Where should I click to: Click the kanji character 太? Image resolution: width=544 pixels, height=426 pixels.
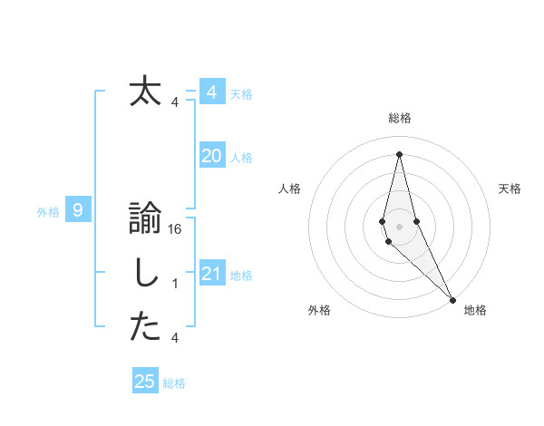[145, 92]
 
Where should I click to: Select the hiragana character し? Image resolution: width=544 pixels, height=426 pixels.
[145, 276]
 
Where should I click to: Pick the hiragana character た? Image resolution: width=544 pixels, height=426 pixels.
[145, 328]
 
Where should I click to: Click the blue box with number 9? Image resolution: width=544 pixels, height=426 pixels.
[78, 211]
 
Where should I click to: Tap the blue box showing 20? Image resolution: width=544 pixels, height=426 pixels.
[211, 156]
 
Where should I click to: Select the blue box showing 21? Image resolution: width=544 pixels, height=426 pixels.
[211, 274]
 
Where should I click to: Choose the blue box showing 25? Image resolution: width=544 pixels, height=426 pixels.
[145, 382]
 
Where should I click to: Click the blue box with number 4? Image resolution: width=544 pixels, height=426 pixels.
[211, 92]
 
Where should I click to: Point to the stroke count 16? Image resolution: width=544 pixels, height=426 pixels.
[176, 230]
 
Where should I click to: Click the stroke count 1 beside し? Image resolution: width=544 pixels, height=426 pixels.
[175, 284]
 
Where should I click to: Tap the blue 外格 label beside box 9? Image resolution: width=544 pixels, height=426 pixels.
[48, 212]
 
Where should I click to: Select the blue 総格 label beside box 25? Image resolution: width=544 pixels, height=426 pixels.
[174, 383]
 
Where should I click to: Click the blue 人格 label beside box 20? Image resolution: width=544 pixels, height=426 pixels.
[241, 158]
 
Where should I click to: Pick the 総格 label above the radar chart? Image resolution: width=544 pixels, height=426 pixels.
[400, 118]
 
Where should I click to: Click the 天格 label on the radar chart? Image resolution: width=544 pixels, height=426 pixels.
[510, 189]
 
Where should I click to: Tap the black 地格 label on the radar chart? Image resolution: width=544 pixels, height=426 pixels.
[475, 310]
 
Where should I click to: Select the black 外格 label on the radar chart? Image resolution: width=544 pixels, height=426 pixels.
[319, 310]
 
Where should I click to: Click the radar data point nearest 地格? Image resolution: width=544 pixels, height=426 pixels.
[452, 297]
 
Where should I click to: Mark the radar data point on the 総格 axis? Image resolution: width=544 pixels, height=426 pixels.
[399, 152]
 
